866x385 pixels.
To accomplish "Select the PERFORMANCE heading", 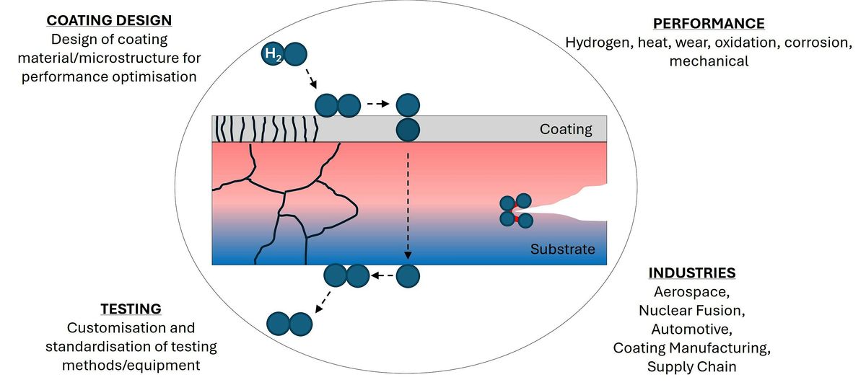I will pyautogui.click(x=708, y=24).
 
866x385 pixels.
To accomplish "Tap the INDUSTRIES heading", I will pyautogui.click(x=692, y=273).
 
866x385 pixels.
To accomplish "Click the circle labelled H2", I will pyautogui.click(x=272, y=54).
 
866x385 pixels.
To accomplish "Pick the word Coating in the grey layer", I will pyautogui.click(x=566, y=130).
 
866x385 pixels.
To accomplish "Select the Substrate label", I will pyautogui.click(x=563, y=249).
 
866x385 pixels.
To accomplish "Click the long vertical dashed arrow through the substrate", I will pyautogui.click(x=408, y=202).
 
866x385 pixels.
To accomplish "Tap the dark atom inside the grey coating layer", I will pyautogui.click(x=408, y=130).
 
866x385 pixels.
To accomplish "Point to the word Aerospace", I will pyautogui.click(x=690, y=292).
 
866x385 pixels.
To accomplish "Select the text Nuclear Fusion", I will pyautogui.click(x=691, y=311).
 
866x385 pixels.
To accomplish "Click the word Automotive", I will pyautogui.click(x=691, y=329).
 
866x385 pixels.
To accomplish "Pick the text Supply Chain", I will pyautogui.click(x=691, y=367).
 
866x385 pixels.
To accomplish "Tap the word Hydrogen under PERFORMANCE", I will pyautogui.click(x=597, y=43).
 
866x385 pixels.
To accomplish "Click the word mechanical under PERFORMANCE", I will pyautogui.click(x=709, y=61).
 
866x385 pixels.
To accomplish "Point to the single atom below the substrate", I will pyautogui.click(x=408, y=275).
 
